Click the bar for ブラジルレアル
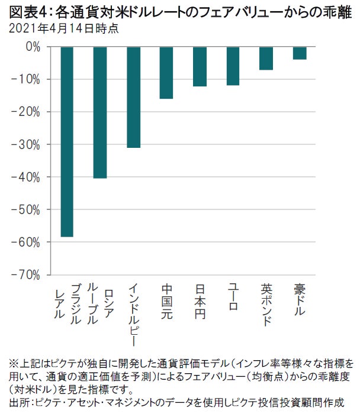pyautogui.click(x=67, y=142)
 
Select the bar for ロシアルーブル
pyautogui.click(x=100, y=112)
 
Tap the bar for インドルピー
pyautogui.click(x=133, y=97)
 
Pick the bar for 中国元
pyautogui.click(x=166, y=73)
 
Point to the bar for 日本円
pyautogui.click(x=200, y=67)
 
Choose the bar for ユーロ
pyautogui.click(x=233, y=66)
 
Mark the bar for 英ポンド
pyautogui.click(x=266, y=59)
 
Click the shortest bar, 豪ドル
pyautogui.click(x=299, y=53)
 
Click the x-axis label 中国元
pyautogui.click(x=166, y=302)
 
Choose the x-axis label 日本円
pyautogui.click(x=200, y=302)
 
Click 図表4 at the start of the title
pyautogui.click(x=22, y=11)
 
